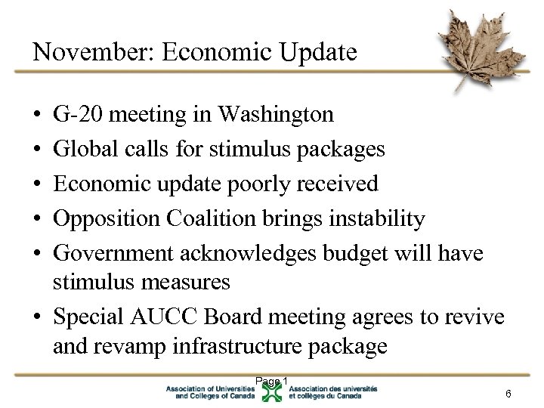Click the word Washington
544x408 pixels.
click(x=275, y=114)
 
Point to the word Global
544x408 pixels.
click(x=80, y=149)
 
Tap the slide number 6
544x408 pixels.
click(x=508, y=394)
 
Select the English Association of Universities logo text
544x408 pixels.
click(x=212, y=392)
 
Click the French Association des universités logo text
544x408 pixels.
click(x=332, y=392)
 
